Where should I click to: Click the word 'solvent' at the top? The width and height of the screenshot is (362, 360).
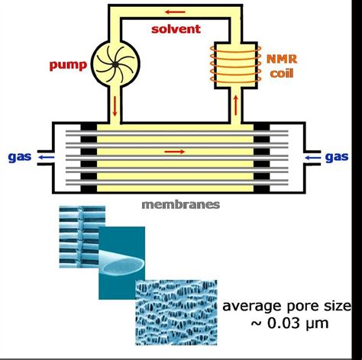click(x=175, y=29)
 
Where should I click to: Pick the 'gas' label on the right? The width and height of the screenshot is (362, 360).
click(x=337, y=157)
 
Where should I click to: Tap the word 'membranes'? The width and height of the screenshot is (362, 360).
click(x=180, y=204)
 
